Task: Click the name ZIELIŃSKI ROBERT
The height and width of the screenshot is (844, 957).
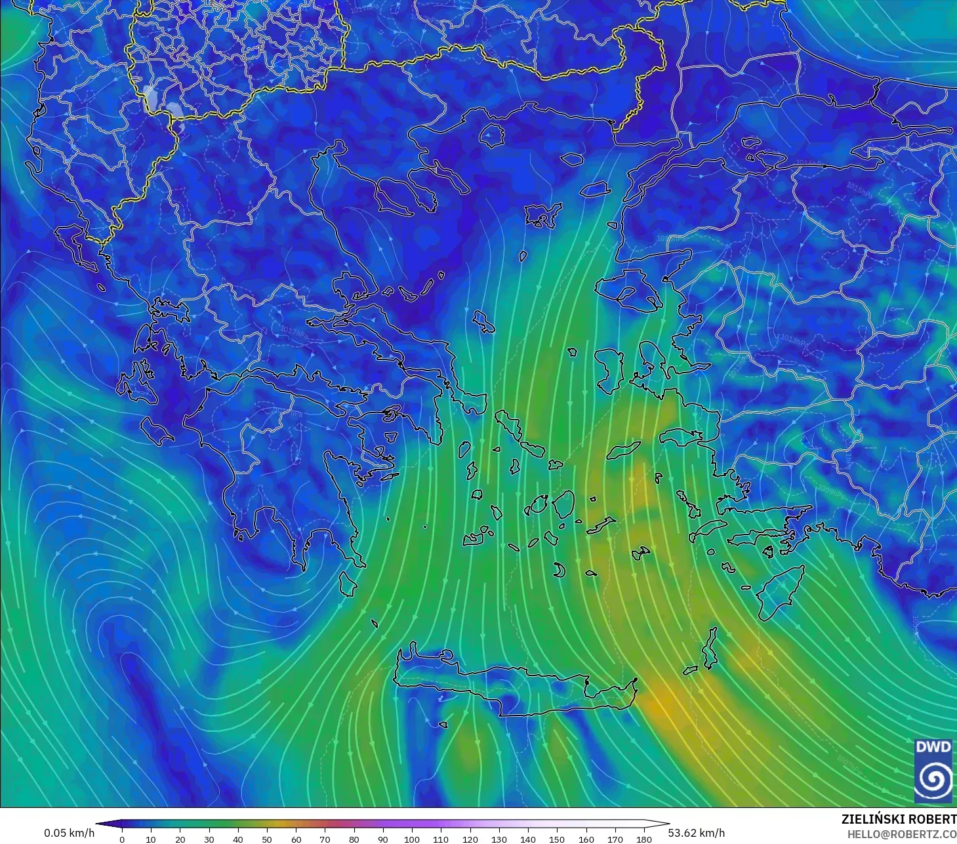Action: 899,819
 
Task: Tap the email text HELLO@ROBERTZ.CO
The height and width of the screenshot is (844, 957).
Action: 901,834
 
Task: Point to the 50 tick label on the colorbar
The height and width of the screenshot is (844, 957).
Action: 267,839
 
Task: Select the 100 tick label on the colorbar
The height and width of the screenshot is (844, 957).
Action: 412,839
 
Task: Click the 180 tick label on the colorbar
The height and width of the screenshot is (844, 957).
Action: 644,839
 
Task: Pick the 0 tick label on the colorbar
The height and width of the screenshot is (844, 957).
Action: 122,839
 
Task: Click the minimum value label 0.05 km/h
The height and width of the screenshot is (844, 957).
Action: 69,833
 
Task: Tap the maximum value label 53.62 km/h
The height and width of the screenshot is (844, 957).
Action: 697,833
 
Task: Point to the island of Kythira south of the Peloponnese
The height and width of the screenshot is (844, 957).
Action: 347,584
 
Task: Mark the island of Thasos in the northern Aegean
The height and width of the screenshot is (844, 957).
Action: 491,136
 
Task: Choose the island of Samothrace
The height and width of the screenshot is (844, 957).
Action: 572,159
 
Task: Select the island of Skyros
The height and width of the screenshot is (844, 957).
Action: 484,321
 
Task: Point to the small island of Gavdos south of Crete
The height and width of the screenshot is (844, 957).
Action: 443,725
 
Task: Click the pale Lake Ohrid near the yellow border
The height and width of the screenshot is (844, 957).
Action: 150,96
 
